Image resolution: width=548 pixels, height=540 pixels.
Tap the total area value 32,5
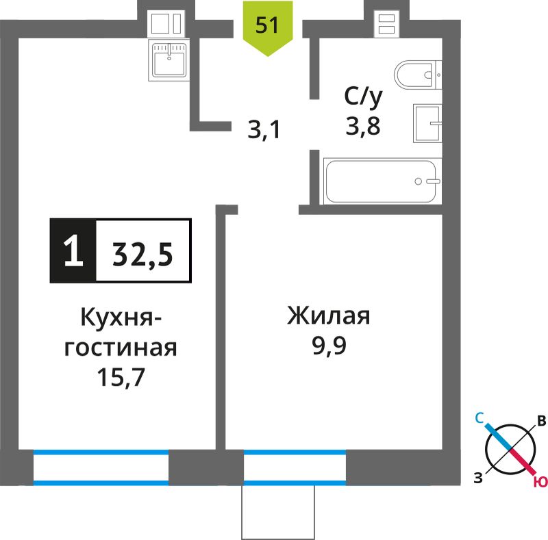point(143,255)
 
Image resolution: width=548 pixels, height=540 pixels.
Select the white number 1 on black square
point(73,250)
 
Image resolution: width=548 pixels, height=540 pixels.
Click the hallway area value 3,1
point(264,130)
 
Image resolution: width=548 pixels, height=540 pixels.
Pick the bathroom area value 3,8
point(363,126)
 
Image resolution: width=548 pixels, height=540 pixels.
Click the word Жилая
point(329,316)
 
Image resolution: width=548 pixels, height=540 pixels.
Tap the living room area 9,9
point(329,346)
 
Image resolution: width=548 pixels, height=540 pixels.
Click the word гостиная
point(121,348)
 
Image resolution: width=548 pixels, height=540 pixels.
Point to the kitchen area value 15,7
point(121,377)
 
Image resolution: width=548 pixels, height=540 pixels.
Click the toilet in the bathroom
point(418,75)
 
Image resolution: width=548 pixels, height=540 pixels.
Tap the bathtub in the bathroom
point(383,181)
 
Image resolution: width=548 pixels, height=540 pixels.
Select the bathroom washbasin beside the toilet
point(427,123)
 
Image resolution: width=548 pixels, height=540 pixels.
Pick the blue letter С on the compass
point(479,417)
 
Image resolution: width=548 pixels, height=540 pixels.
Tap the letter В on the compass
point(541,421)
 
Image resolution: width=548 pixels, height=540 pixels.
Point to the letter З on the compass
point(478,478)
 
